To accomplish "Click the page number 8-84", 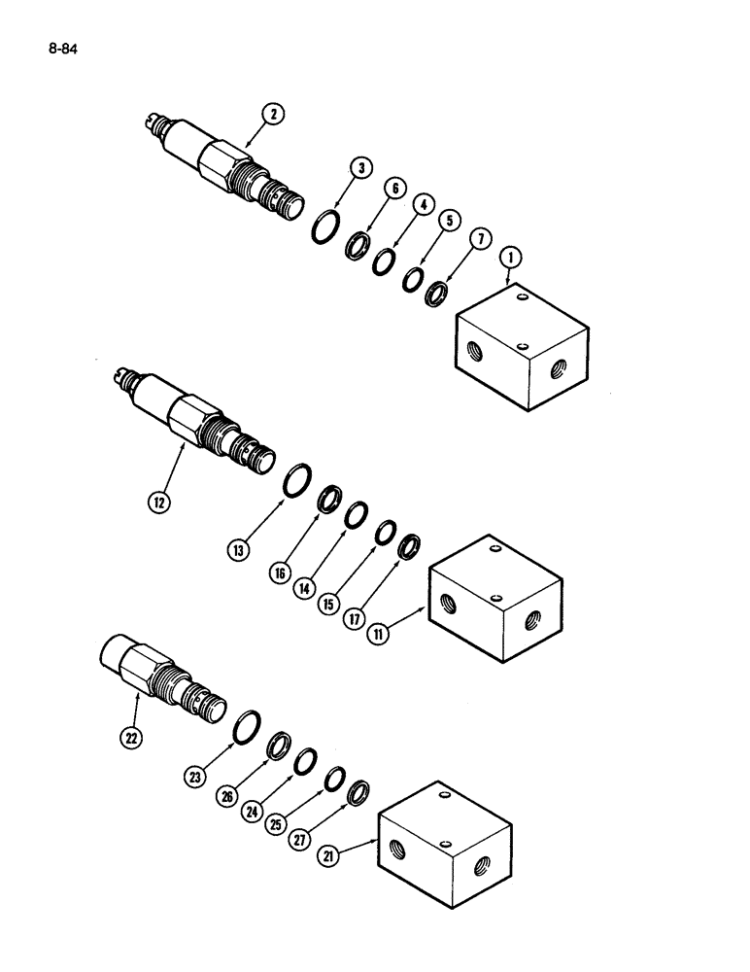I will pyautogui.click(x=60, y=44).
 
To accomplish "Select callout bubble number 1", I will pyautogui.click(x=508, y=258).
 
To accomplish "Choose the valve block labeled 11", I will pyautogui.click(x=495, y=603).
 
